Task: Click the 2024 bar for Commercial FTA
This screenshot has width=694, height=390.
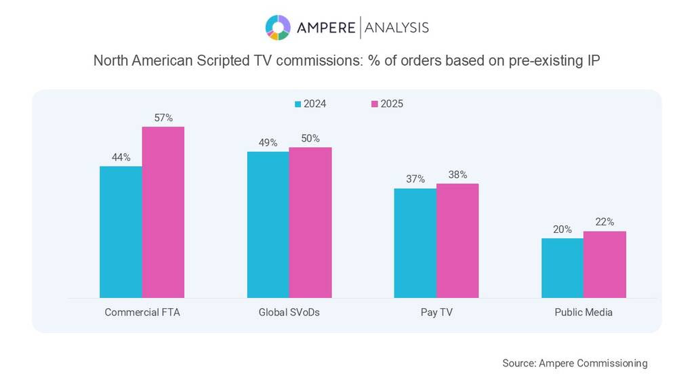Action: click(x=121, y=232)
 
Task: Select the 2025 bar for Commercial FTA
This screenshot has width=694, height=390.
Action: click(x=163, y=212)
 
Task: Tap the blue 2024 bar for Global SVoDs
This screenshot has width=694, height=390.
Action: click(x=268, y=224)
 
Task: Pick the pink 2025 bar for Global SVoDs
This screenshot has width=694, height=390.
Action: click(x=310, y=222)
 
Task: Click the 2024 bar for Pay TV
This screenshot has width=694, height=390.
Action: click(x=415, y=242)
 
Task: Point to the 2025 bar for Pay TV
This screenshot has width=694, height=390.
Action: click(x=457, y=240)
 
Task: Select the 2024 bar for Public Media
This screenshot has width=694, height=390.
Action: click(x=563, y=267)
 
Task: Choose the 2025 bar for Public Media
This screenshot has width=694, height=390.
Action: click(x=605, y=264)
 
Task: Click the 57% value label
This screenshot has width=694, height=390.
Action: click(x=163, y=118)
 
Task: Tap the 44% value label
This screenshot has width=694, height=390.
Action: click(x=121, y=157)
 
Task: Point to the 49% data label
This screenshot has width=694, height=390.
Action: click(x=268, y=143)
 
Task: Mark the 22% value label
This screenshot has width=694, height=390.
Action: click(x=605, y=222)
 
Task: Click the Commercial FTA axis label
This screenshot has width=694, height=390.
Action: click(x=142, y=313)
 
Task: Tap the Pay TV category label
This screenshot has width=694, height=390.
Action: click(x=436, y=313)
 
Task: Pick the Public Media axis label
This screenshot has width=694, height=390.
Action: click(x=584, y=313)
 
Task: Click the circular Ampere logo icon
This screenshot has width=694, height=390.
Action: click(x=278, y=28)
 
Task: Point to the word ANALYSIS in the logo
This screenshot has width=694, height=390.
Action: click(x=396, y=28)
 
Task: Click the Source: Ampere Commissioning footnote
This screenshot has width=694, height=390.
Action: click(x=575, y=364)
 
